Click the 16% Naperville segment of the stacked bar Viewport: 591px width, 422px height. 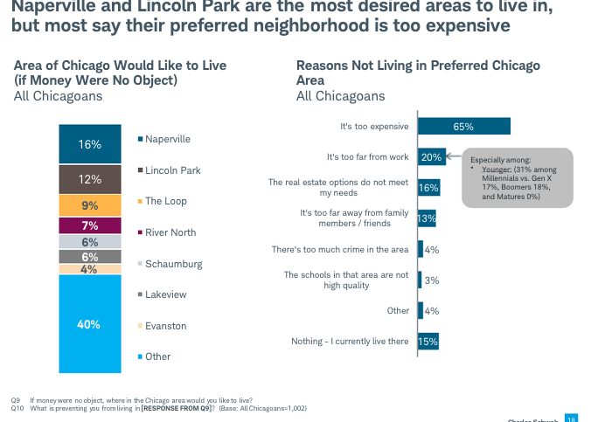click(x=90, y=144)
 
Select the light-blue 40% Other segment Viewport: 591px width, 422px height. click(x=90, y=324)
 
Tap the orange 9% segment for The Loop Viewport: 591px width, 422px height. click(x=90, y=206)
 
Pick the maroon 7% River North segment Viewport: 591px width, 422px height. click(x=90, y=226)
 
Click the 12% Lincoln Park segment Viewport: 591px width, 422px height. click(x=90, y=179)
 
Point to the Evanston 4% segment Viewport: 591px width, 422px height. click(x=90, y=269)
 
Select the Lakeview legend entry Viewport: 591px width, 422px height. click(x=165, y=294)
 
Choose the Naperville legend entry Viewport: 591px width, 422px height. click(x=167, y=139)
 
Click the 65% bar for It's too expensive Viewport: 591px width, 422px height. click(x=463, y=127)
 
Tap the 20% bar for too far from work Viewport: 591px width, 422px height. click(x=432, y=157)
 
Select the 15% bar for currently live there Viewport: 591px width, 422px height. click(x=428, y=341)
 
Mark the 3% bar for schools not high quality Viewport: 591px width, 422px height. click(x=421, y=280)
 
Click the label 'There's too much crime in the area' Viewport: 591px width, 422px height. click(x=339, y=249)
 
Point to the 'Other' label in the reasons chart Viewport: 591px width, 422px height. click(x=397, y=310)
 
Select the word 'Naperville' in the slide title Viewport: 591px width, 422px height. click(x=54, y=8)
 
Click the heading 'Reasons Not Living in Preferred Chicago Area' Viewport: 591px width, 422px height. click(x=418, y=73)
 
